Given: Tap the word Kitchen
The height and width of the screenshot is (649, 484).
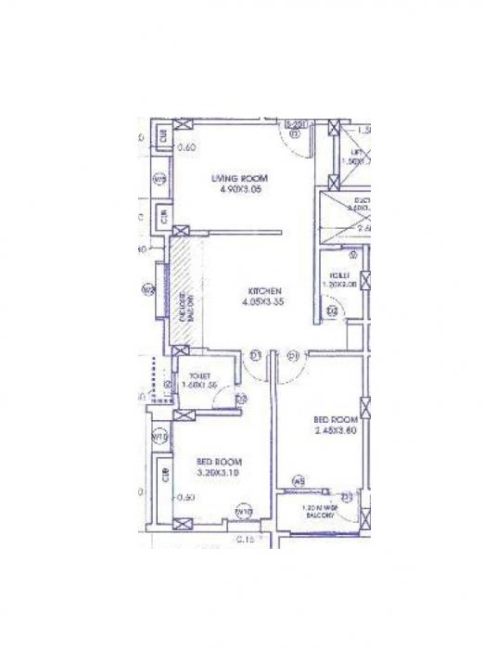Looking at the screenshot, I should point(259,290).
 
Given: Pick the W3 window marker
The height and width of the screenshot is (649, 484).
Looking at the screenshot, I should point(146,290).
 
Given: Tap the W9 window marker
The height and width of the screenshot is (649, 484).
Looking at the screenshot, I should point(159,179).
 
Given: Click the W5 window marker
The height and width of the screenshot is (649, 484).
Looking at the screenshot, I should point(299,480).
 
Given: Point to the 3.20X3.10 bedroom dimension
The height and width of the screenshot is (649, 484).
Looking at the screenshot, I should point(219,473).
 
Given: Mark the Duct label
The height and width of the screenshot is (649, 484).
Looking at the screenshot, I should point(362,201).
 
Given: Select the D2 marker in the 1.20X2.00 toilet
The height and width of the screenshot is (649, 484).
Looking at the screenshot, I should point(331,311).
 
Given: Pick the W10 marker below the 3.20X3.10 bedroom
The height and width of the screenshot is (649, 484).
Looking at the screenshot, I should point(244,511).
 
